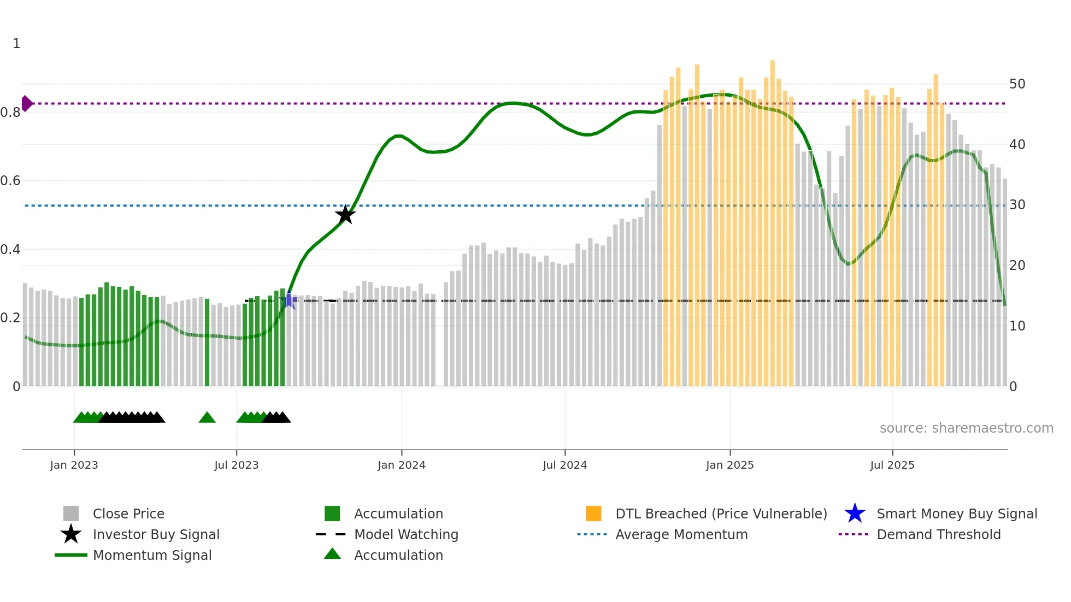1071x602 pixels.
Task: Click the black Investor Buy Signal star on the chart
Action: coord(345,215)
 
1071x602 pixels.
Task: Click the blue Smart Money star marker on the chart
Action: coord(290,300)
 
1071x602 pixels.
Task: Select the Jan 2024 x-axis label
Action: coord(401,465)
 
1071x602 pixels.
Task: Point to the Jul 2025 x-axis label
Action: coord(892,465)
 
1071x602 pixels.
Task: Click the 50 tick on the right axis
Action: coord(1017,84)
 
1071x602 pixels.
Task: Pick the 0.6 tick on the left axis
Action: coord(10,181)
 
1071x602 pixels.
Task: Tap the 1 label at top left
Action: coord(16,44)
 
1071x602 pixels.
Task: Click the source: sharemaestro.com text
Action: coord(966,428)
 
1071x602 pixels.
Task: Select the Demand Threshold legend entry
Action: coord(938,534)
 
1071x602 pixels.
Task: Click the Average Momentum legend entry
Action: coord(681,534)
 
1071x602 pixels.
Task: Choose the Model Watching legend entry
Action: coord(405,534)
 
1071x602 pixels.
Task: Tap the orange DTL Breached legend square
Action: coord(593,514)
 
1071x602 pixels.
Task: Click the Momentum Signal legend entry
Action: coord(151,555)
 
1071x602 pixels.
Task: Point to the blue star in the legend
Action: coord(855,514)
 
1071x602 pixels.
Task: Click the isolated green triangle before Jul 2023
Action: coord(207,418)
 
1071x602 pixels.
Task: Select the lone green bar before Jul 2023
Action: coord(207,342)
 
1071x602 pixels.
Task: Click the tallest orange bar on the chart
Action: coord(773,219)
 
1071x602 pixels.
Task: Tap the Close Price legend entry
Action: coord(128,514)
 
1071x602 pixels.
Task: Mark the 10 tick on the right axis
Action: coord(1017,326)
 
